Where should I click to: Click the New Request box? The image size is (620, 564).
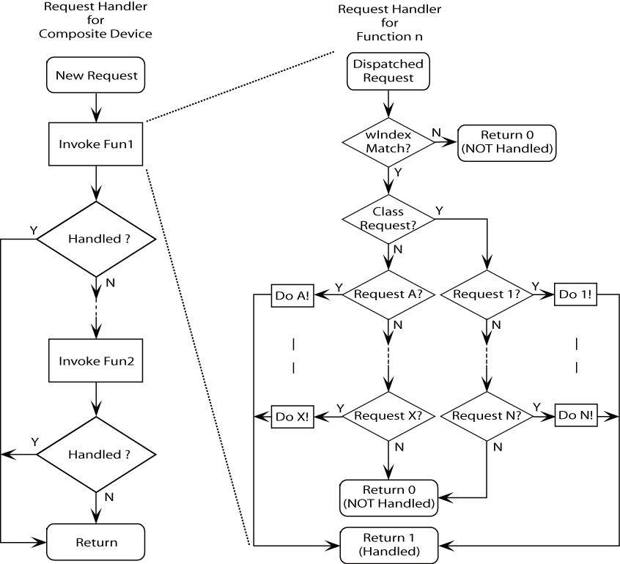96,75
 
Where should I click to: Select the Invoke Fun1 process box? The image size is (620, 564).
96,142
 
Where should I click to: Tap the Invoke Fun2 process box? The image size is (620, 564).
96,362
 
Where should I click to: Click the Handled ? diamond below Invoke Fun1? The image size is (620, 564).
96,239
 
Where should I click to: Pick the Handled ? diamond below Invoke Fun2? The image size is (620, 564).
96,454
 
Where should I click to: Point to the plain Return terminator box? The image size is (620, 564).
96,543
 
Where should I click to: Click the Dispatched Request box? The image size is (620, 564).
388,72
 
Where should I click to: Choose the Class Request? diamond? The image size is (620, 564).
388,218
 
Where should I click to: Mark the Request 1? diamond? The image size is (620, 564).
487,294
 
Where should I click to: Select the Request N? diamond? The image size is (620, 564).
487,415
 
